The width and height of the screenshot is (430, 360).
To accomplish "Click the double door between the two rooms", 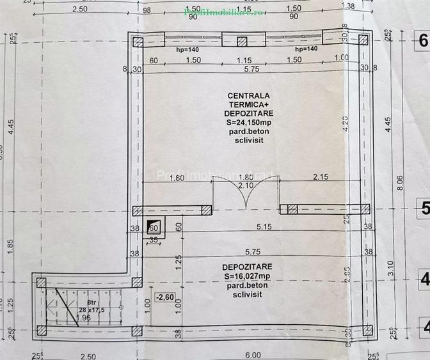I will pyautogui.click(x=245, y=194).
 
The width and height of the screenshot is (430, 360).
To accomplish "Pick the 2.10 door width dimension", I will pyautogui.click(x=246, y=185).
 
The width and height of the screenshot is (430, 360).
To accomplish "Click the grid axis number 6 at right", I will pyautogui.click(x=422, y=42).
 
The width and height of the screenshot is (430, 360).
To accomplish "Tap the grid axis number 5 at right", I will pyautogui.click(x=422, y=208).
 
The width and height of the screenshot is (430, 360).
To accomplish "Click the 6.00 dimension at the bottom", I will pyautogui.click(x=253, y=354).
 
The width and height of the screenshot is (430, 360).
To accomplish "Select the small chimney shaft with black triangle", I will pyautogui.click(x=154, y=226).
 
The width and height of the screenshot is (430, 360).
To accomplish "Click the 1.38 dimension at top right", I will pyautogui.click(x=348, y=6).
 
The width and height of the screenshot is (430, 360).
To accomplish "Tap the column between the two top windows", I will pyautogui.click(x=242, y=42).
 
